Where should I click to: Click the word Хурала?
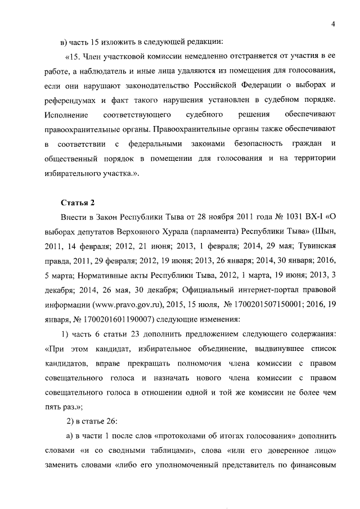coord(177,232)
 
